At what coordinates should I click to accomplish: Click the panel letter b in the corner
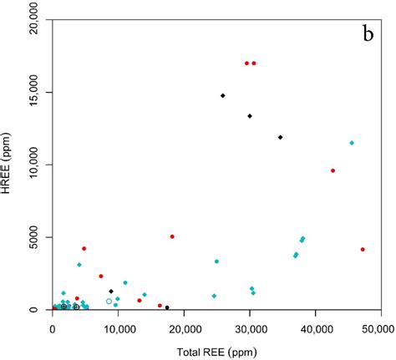(366, 34)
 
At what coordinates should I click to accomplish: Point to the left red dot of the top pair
(246, 63)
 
